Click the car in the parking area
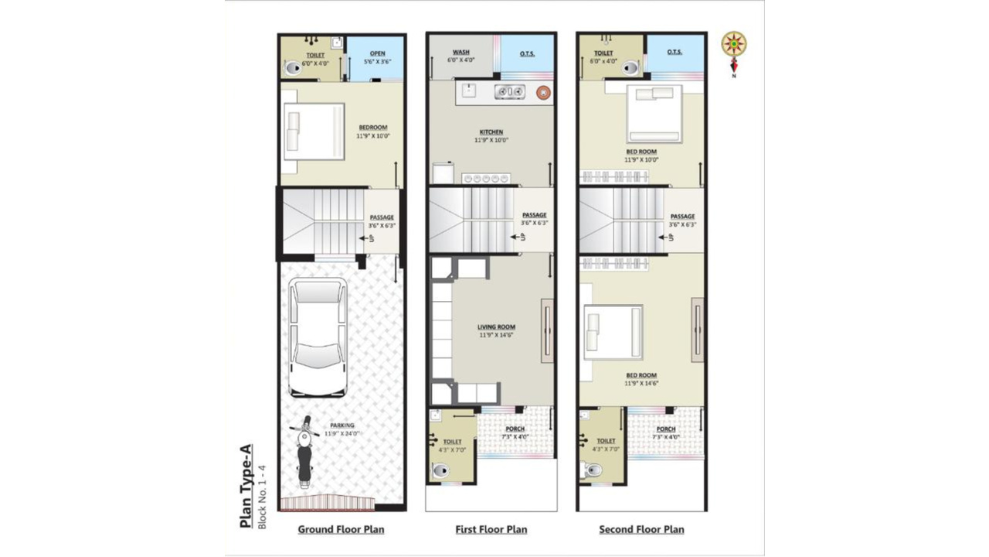point(317,337)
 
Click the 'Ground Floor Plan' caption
point(341,530)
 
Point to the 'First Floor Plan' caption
point(491,530)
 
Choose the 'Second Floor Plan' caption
point(641,530)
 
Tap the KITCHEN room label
point(491,132)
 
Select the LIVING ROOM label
point(496,327)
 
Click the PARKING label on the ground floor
point(342,425)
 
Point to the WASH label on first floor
point(461,53)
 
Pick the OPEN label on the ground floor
point(377,53)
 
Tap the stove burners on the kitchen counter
point(510,92)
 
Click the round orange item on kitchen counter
point(544,92)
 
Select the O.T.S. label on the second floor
point(675,53)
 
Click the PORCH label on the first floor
point(515,429)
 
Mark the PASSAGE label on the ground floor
point(382,217)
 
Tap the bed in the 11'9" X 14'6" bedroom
point(613,333)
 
